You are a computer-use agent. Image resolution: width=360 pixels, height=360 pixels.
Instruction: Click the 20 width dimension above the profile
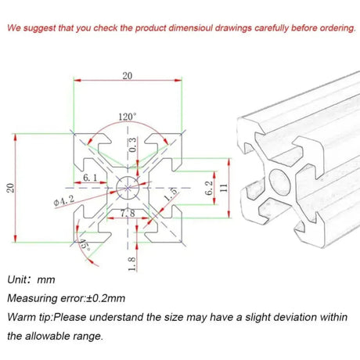(128, 76)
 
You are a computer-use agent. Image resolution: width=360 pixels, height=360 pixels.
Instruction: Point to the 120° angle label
(127, 117)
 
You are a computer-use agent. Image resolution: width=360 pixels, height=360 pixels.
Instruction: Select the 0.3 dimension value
(132, 145)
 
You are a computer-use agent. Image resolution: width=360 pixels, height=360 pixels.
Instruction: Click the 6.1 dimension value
(90, 178)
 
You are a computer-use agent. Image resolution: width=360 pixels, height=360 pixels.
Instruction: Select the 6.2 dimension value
(209, 187)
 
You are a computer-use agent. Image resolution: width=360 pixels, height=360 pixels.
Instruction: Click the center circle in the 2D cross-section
(127, 187)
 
